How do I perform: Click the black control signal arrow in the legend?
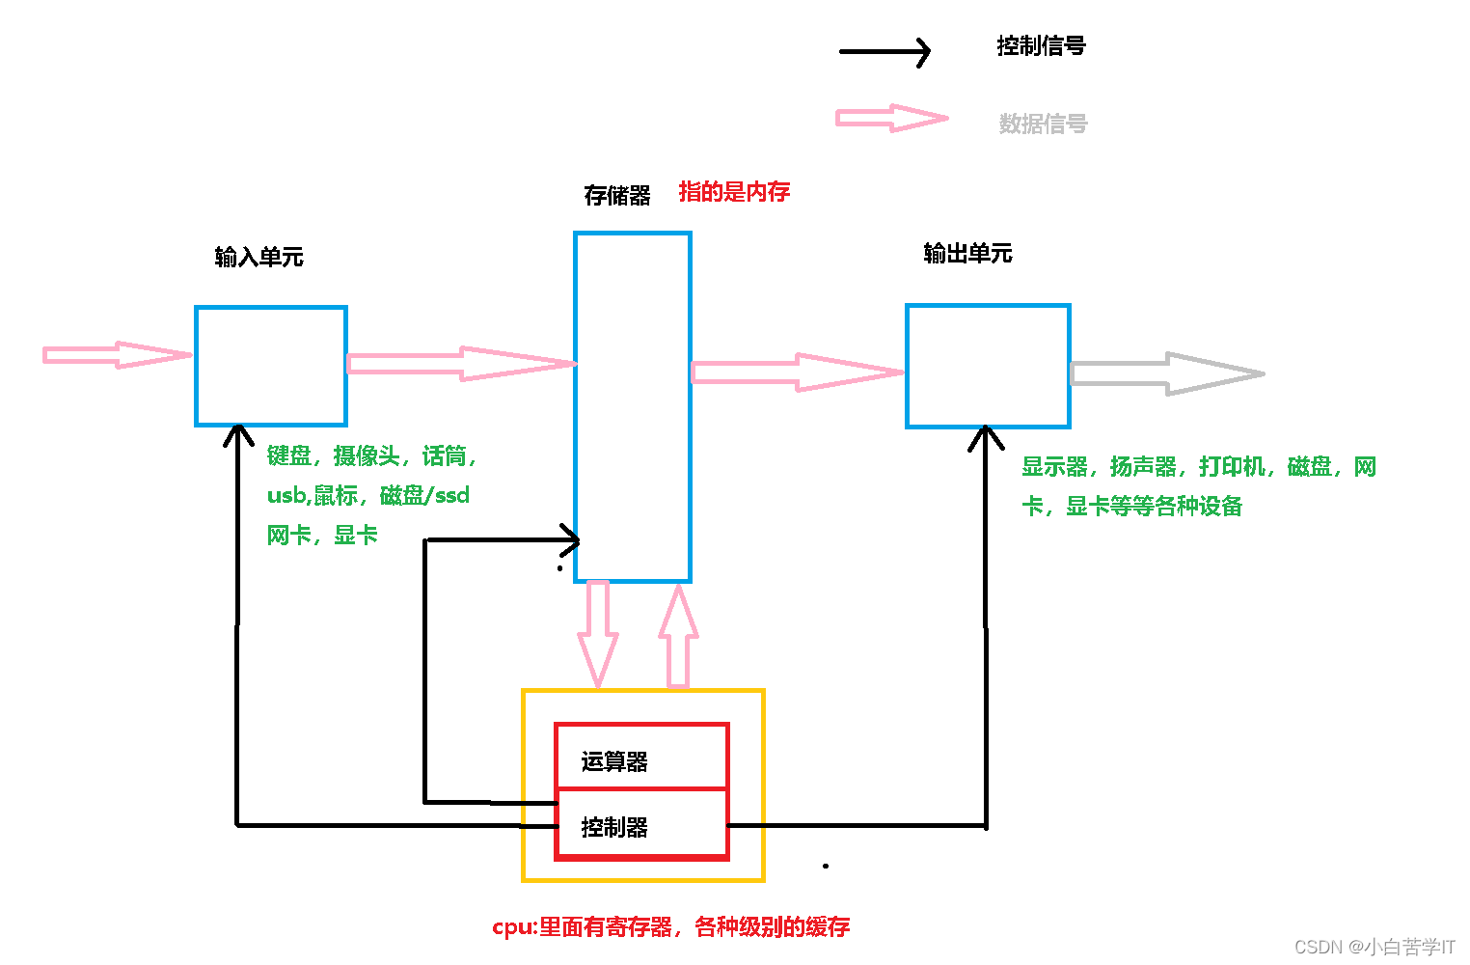pos(884,51)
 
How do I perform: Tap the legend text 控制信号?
pos(1041,46)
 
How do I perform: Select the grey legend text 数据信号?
pos(1043,124)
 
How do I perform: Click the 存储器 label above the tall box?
pos(617,196)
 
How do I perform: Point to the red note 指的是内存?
pos(734,192)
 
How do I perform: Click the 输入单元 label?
pos(259,257)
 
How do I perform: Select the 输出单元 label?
pos(967,254)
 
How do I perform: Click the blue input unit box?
pos(271,366)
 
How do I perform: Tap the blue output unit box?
pos(988,366)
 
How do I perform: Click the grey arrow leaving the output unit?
pos(1166,373)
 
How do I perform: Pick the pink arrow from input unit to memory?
pos(460,364)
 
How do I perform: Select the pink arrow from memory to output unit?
pos(796,372)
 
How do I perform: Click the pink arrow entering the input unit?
pos(117,355)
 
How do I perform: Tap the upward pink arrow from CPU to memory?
pos(679,636)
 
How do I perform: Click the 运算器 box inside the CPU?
pos(641,758)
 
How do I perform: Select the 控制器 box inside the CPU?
pos(641,825)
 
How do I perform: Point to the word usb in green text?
pos(286,496)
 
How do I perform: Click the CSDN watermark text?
pos(1374,947)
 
